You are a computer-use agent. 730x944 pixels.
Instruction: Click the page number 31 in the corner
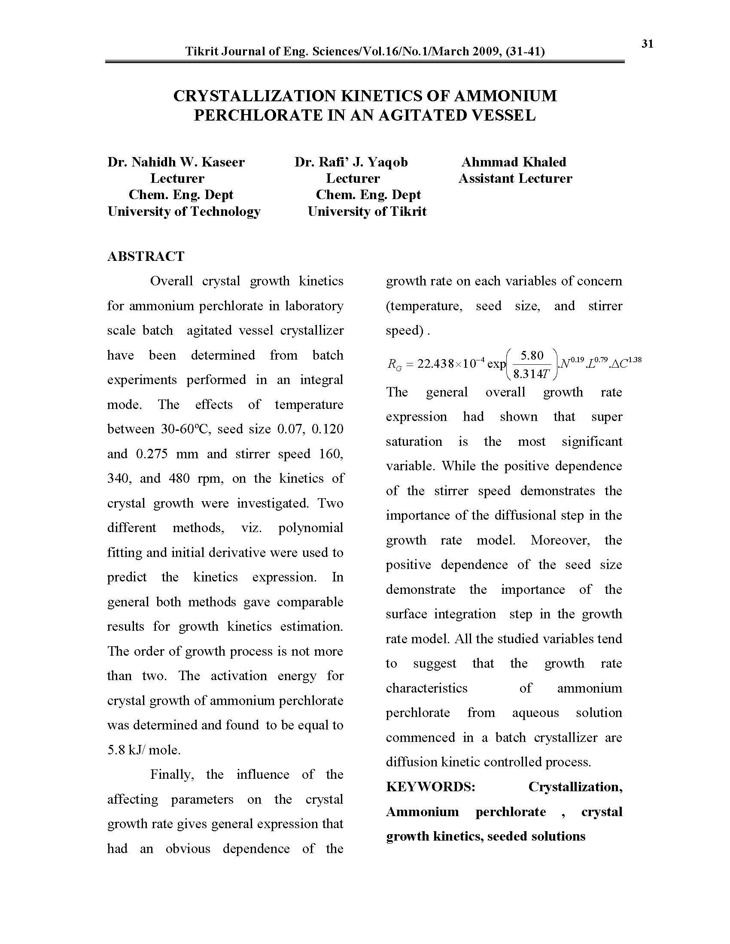(x=647, y=44)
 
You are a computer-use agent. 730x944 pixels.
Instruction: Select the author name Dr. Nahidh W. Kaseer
(x=176, y=162)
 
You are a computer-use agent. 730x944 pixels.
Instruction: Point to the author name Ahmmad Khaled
(x=514, y=162)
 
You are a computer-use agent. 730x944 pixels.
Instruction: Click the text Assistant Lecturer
(x=515, y=179)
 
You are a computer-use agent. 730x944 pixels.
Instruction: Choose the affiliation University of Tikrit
(x=367, y=212)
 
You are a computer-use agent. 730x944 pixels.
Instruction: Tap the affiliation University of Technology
(x=184, y=212)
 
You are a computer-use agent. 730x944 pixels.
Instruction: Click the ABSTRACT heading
(x=146, y=256)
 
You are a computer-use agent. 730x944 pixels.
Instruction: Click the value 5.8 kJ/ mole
(x=144, y=750)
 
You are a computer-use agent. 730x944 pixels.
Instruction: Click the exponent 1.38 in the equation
(x=634, y=359)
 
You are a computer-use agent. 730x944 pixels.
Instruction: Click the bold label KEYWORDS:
(x=430, y=787)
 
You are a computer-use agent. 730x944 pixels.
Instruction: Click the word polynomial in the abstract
(x=310, y=528)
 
